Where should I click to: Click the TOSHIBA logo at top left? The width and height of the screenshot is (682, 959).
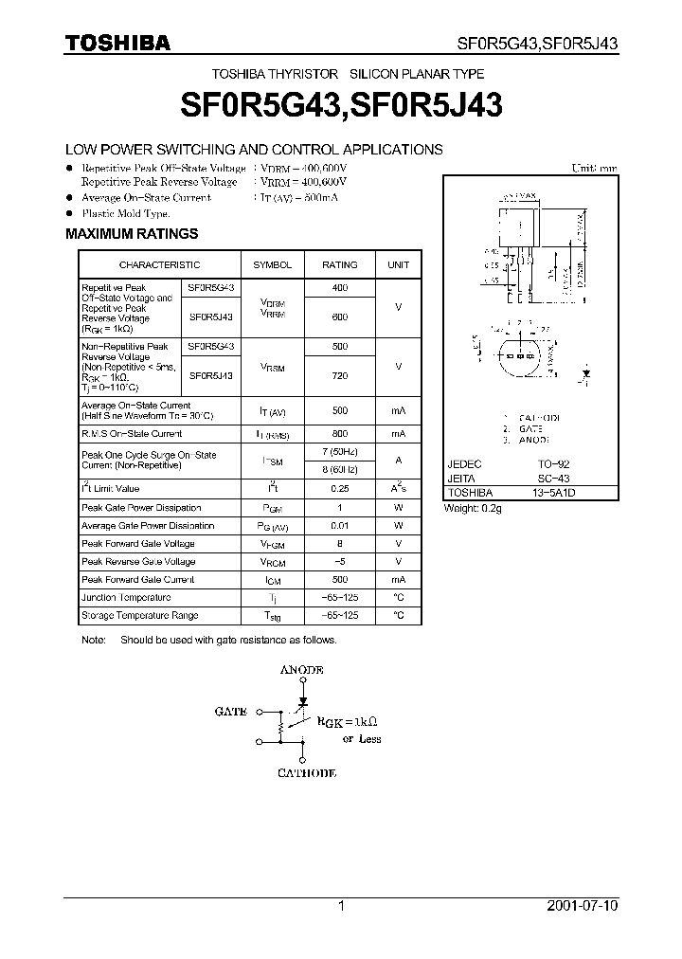(x=117, y=43)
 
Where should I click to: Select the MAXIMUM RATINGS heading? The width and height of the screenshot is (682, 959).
(x=131, y=233)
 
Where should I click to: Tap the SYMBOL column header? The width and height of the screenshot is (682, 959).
(x=272, y=265)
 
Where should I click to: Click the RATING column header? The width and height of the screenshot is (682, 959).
(x=340, y=265)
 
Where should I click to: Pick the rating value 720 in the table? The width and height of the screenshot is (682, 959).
(x=340, y=375)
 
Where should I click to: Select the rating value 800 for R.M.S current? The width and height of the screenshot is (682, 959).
(x=340, y=433)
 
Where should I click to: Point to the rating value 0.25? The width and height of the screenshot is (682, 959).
(x=340, y=489)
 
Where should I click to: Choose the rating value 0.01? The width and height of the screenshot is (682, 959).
(x=340, y=525)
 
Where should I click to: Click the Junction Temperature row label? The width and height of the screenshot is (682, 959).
(x=126, y=598)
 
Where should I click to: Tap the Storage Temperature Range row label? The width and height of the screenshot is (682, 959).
(x=139, y=616)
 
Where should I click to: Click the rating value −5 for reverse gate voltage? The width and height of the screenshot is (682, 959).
(x=340, y=562)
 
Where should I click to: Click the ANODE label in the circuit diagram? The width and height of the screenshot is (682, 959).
(x=302, y=670)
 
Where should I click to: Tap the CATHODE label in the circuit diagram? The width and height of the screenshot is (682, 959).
(x=306, y=773)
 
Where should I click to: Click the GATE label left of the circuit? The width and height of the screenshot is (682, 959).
(x=231, y=711)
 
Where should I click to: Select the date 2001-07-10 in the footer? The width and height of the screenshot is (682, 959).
(x=582, y=906)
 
